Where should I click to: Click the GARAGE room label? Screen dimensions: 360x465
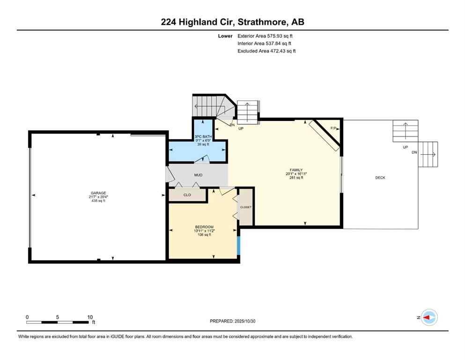coord(98,193)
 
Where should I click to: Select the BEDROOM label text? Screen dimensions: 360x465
coord(204,227)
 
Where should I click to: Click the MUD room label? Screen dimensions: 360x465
coord(199,175)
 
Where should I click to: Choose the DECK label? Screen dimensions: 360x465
coord(380,178)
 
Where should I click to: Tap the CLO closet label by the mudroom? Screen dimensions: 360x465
coord(187,195)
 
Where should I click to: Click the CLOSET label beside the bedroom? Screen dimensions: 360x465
coord(245,207)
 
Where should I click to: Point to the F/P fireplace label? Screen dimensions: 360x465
coord(333,128)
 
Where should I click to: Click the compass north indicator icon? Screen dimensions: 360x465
coord(428,317)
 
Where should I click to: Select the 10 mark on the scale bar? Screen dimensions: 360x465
coord(90,317)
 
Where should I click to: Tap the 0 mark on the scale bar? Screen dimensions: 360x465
coord(27,317)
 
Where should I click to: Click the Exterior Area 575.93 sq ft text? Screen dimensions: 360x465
coord(266,36)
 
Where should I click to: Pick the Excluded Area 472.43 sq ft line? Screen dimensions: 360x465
coord(266,51)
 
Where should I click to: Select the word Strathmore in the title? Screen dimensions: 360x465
coord(263,22)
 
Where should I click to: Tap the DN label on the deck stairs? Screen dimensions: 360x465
coord(413,152)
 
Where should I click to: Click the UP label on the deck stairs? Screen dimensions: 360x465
coord(405,147)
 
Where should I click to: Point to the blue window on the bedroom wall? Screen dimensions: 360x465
coord(238,245)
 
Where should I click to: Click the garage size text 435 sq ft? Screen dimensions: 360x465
coord(98,201)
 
